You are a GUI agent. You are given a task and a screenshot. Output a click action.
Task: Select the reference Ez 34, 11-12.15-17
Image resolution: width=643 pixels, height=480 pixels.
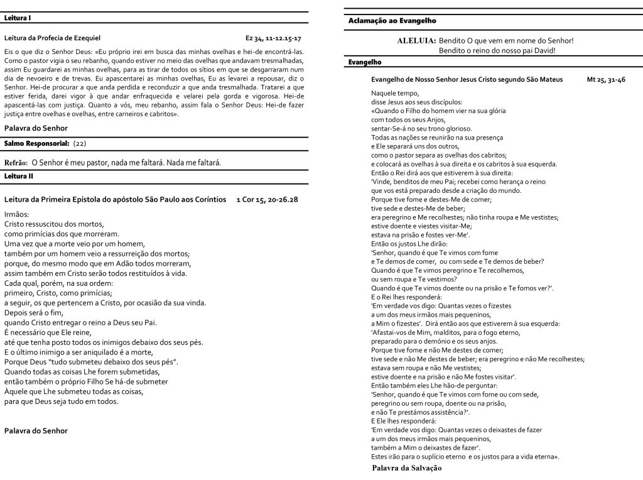pyautogui.click(x=273, y=38)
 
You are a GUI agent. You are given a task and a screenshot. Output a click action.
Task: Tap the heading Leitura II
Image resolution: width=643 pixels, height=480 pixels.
pyautogui.click(x=19, y=176)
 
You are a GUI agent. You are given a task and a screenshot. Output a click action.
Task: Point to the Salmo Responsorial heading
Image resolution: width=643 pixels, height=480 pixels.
pyautogui.click(x=36, y=144)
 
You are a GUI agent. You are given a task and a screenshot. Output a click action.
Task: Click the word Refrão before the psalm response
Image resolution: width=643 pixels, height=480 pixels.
pyautogui.click(x=16, y=163)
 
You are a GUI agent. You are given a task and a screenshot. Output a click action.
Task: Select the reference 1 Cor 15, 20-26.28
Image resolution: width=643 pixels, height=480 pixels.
pyautogui.click(x=267, y=199)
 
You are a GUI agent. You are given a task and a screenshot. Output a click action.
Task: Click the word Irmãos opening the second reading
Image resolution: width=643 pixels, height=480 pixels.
pyautogui.click(x=17, y=214)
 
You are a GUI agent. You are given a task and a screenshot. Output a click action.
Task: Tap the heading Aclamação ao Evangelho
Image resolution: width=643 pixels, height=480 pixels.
pyautogui.click(x=392, y=21)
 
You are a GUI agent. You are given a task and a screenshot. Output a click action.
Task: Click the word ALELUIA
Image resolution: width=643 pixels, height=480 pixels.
pyautogui.click(x=416, y=40)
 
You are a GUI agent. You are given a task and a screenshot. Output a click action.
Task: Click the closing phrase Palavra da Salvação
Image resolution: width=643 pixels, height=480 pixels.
pyautogui.click(x=407, y=469)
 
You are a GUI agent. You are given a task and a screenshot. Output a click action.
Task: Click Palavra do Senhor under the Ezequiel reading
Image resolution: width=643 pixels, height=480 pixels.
pyautogui.click(x=36, y=128)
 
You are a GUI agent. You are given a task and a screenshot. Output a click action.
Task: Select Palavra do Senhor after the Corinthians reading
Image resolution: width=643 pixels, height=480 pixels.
pyautogui.click(x=36, y=431)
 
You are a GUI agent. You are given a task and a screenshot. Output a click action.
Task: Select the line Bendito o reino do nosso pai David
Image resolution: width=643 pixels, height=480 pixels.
pyautogui.click(x=497, y=50)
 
